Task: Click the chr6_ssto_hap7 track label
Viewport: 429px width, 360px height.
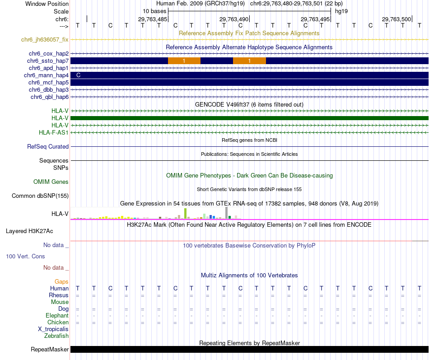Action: (x=48, y=61)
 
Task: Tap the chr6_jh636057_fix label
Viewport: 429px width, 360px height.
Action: (x=45, y=40)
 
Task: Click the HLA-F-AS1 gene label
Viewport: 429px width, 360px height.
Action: (x=54, y=132)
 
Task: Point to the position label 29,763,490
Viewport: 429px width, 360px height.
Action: (x=234, y=19)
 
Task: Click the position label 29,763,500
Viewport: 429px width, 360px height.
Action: (x=396, y=19)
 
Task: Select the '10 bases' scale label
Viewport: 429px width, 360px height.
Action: (x=154, y=10)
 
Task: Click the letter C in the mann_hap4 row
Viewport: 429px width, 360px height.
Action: (x=79, y=75)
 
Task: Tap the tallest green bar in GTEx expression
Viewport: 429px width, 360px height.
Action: (x=185, y=213)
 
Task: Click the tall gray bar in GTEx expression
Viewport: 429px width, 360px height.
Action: (x=226, y=213)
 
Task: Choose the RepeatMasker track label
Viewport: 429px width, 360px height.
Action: (x=50, y=350)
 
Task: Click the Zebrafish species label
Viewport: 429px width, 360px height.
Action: (x=56, y=336)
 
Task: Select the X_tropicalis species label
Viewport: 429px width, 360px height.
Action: (x=53, y=329)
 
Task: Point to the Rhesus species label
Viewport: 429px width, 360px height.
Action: (x=59, y=295)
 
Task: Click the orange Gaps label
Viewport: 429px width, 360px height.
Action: (x=61, y=282)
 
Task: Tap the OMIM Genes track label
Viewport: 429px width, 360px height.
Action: (x=51, y=182)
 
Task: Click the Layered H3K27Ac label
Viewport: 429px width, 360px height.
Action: (x=29, y=231)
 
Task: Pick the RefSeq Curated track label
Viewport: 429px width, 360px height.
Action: (x=48, y=147)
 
